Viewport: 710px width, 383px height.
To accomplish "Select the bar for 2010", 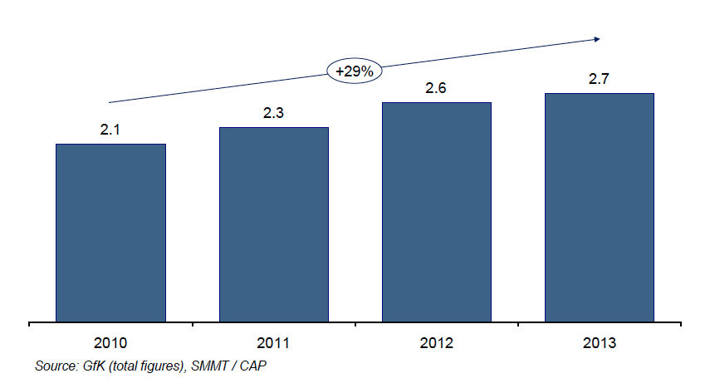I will click(x=110, y=232).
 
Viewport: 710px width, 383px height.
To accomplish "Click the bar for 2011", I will click(x=273, y=223).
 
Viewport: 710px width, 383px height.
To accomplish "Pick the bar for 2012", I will click(x=436, y=211).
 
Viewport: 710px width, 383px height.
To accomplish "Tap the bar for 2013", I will click(x=599, y=207).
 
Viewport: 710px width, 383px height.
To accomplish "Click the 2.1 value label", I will click(x=110, y=130).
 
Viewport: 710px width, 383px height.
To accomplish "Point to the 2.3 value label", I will click(x=273, y=113).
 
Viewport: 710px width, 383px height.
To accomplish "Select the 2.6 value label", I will click(x=436, y=88).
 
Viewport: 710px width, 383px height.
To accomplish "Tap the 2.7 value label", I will click(x=599, y=79).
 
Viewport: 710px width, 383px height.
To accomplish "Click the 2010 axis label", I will click(x=110, y=343).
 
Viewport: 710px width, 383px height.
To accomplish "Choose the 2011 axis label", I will click(x=273, y=343).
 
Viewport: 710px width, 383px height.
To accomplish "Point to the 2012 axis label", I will click(x=436, y=343).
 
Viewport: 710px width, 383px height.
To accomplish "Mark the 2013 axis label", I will click(x=599, y=343).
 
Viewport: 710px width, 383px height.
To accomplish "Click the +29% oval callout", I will click(x=355, y=72).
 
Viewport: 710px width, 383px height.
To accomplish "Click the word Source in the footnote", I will click(x=55, y=366).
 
